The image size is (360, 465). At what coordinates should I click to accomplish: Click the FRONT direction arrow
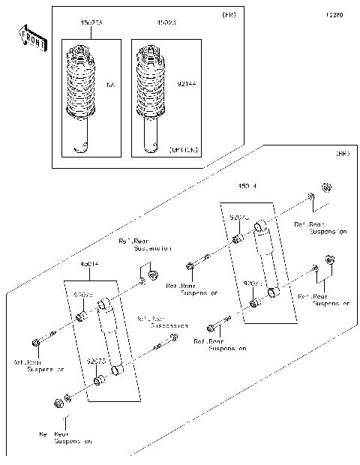28,37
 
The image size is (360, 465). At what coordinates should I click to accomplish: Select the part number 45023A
91,24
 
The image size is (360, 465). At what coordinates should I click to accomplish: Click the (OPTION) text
184,149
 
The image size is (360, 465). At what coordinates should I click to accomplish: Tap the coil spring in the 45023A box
83,85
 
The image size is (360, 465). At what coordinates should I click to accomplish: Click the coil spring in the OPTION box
153,85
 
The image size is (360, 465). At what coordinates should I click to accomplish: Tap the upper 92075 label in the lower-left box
83,295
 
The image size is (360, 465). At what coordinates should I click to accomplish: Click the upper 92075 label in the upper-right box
239,217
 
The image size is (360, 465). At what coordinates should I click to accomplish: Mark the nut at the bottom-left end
58,405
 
